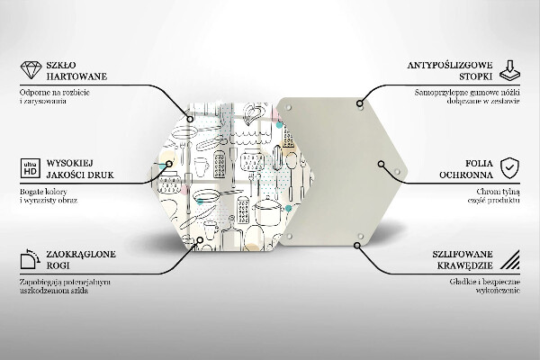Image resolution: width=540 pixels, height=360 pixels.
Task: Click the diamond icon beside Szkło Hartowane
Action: (x=31, y=70)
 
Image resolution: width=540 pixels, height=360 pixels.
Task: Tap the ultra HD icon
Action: (x=31, y=168)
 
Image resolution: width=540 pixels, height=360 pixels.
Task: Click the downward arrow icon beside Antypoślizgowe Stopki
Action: (x=509, y=70)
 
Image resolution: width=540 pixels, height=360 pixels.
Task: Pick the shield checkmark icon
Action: (x=509, y=168)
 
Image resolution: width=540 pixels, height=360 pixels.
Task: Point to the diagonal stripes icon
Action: (x=510, y=259)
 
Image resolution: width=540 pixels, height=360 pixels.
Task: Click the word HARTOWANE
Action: (x=76, y=76)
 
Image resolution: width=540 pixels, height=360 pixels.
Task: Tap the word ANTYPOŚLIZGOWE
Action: (x=450, y=65)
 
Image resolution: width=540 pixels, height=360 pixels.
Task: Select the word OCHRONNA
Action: (x=466, y=175)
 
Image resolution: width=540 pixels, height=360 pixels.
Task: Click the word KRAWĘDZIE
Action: (x=465, y=265)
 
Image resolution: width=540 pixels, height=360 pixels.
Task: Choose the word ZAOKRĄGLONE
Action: (x=81, y=255)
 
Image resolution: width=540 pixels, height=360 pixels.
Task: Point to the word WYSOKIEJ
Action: (x=70, y=163)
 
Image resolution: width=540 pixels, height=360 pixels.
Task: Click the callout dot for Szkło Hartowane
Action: (x=190, y=119)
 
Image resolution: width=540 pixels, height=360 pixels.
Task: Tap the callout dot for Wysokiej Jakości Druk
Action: (x=169, y=164)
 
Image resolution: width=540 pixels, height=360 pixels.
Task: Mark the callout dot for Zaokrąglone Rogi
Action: (x=200, y=239)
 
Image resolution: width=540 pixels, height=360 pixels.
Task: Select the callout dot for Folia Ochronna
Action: (x=381, y=164)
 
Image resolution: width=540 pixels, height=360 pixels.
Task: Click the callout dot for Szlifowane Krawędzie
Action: (x=357, y=246)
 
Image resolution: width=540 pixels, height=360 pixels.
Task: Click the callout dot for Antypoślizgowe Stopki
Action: (x=359, y=103)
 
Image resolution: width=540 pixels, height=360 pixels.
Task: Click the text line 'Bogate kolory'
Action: (x=43, y=192)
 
